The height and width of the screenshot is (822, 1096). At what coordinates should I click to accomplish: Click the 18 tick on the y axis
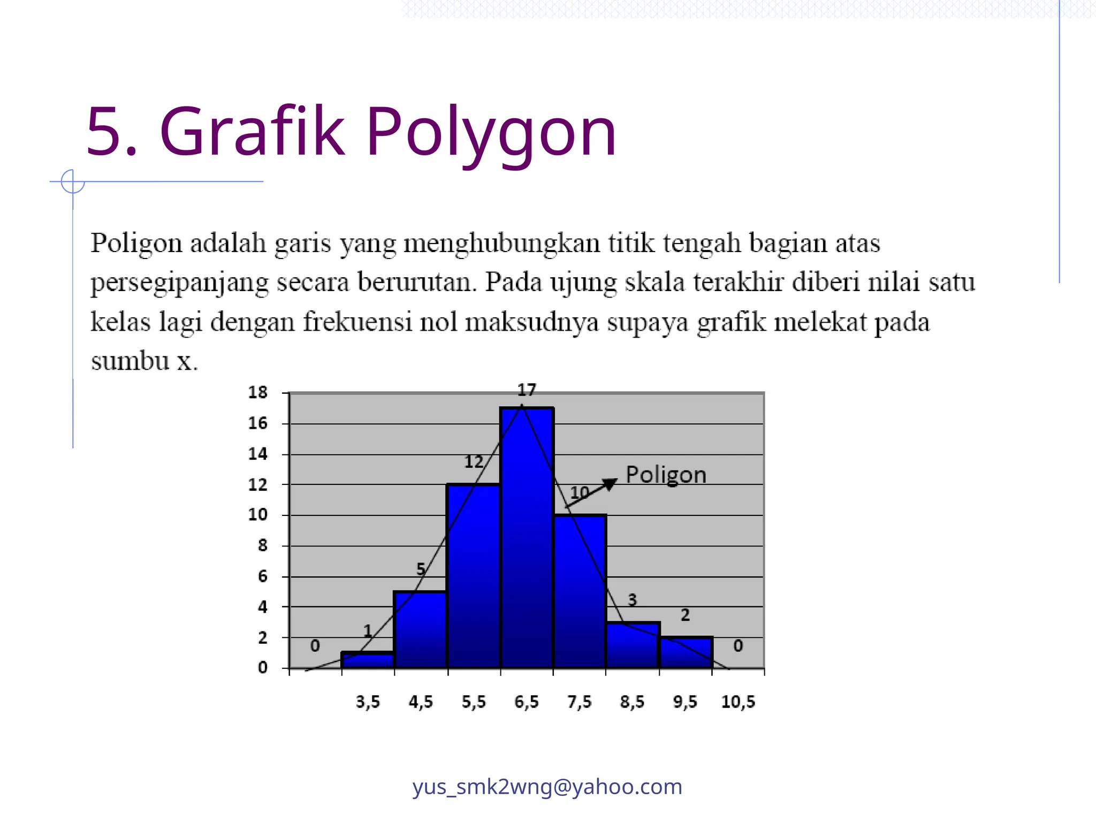click(257, 392)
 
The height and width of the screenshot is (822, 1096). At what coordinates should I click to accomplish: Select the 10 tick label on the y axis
click(257, 515)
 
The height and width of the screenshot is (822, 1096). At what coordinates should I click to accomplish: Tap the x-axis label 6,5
click(527, 702)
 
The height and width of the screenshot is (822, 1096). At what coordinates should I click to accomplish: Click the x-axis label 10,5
click(738, 702)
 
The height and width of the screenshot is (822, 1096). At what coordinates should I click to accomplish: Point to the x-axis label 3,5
click(368, 702)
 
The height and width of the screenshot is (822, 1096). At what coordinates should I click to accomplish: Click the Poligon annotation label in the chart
click(666, 475)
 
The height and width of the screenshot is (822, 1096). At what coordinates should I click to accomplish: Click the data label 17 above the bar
click(527, 390)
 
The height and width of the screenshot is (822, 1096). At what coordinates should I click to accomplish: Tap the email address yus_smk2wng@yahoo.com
click(547, 787)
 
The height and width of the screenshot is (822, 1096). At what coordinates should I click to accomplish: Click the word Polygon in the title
click(491, 132)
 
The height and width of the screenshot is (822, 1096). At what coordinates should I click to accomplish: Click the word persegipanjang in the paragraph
click(179, 283)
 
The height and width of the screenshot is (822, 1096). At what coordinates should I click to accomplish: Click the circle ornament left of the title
click(73, 182)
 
